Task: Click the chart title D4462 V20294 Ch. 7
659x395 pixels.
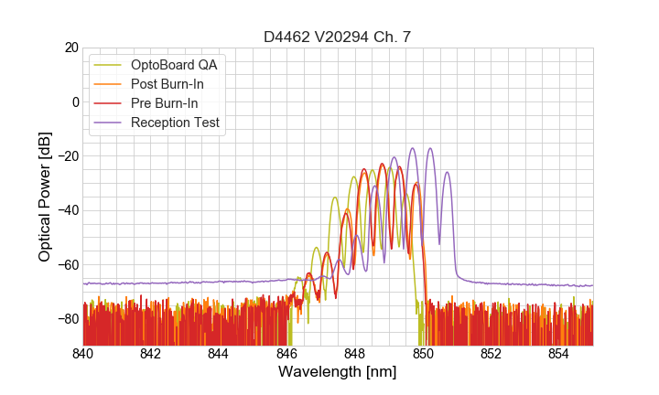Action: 338,37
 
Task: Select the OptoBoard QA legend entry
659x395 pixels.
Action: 174,65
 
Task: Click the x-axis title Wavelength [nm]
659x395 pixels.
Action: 338,372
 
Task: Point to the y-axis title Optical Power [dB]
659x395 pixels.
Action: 45,196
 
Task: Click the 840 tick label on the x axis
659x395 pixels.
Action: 83,353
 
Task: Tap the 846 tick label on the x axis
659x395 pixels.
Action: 286,353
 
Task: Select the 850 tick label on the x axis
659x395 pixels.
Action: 423,353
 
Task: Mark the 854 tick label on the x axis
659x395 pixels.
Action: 558,353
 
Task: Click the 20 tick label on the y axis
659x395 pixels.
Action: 70,48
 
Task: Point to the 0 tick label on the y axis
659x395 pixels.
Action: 74,101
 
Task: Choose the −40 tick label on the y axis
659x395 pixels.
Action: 66,210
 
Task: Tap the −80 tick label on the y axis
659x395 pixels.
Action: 66,318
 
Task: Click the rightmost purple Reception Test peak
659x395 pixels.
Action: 448,172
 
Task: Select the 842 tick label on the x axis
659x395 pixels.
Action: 151,353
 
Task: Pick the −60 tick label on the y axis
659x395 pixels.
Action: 66,264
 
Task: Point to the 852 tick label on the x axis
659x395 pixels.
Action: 491,353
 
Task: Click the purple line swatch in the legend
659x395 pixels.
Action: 108,123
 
